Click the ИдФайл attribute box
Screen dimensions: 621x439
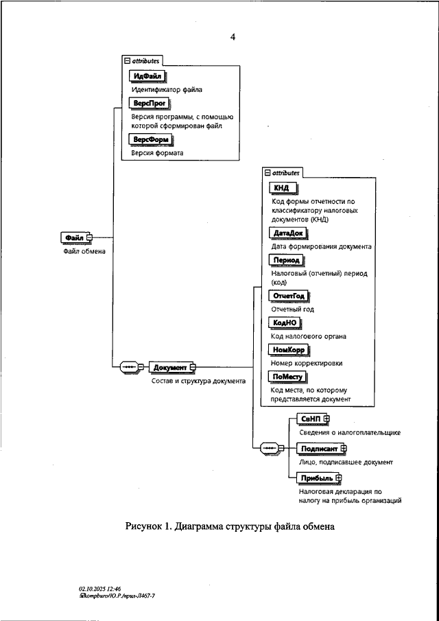pos(149,76)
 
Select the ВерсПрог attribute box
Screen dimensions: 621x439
pos(150,104)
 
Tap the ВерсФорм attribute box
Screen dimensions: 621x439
pos(151,140)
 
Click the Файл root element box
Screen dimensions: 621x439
pos(73,237)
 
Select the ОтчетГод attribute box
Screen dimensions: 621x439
pos(289,296)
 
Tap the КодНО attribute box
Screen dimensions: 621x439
pos(285,323)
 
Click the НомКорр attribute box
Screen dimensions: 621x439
pos(289,350)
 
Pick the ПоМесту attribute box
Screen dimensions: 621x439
pos(288,377)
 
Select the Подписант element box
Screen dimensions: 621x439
pos(319,449)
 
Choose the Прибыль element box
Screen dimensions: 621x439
pos(316,478)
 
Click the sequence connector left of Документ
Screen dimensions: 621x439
pos(130,367)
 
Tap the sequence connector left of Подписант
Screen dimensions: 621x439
pos(270,448)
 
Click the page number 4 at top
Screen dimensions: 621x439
pos(233,36)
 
